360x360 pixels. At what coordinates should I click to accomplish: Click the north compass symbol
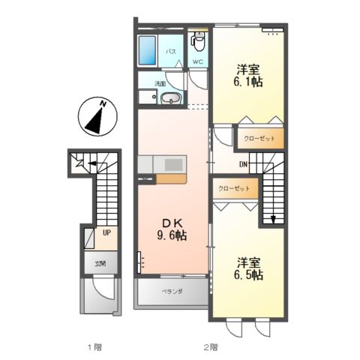click(x=96, y=118)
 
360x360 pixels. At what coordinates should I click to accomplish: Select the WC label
click(x=197, y=61)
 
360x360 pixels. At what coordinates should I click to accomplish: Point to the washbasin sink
click(x=171, y=97)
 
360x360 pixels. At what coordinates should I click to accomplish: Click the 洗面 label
click(x=160, y=84)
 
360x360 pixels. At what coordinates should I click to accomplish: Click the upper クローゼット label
click(x=259, y=139)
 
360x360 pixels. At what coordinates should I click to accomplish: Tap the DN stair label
click(x=243, y=164)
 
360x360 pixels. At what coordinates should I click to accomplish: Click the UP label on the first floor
click(x=106, y=233)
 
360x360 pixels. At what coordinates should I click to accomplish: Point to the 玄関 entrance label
click(x=100, y=263)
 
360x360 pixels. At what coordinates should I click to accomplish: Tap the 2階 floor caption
click(x=210, y=347)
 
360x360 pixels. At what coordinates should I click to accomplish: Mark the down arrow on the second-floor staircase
click(x=273, y=218)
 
